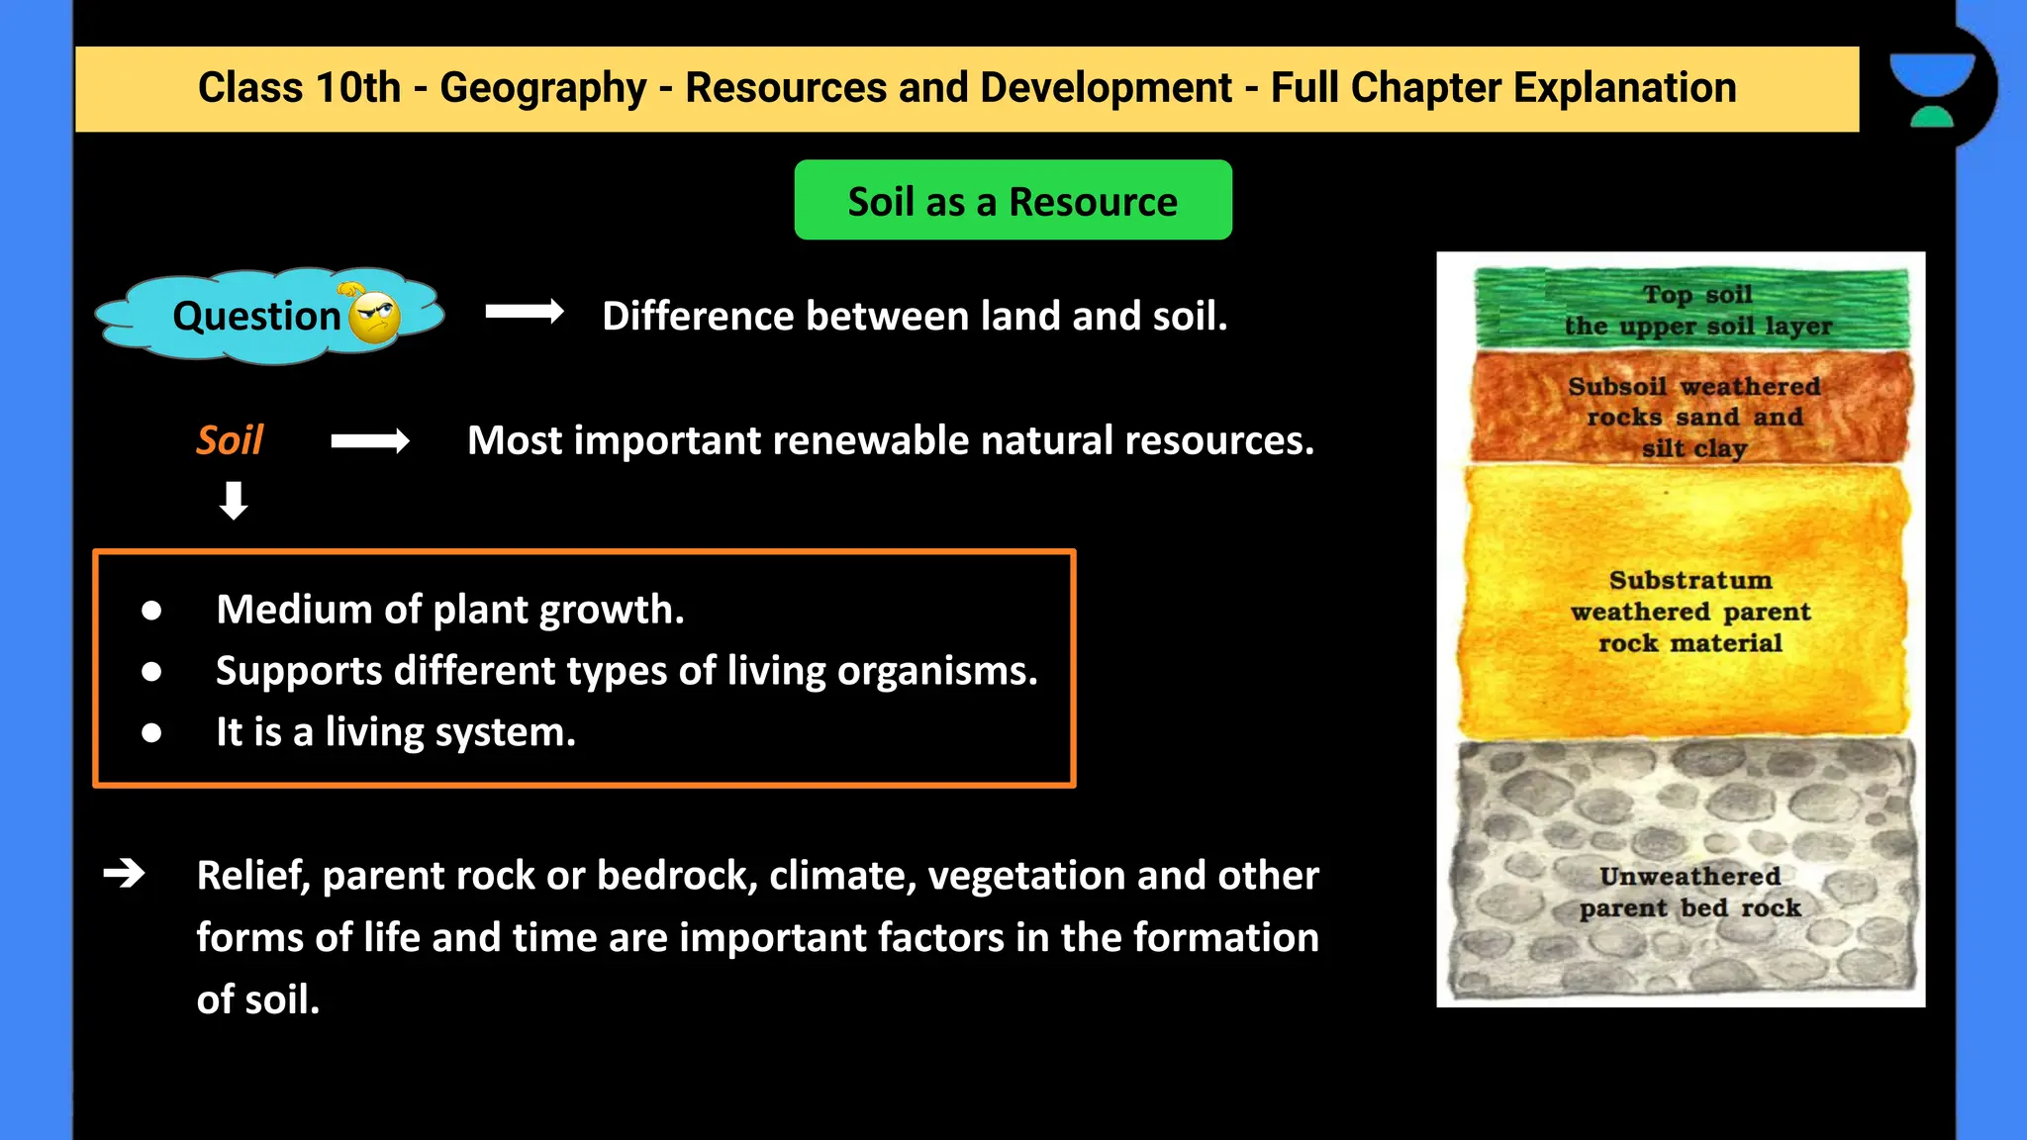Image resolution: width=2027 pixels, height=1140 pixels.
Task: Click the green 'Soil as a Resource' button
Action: (x=1013, y=201)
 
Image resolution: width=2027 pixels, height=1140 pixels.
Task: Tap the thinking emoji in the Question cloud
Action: (x=374, y=317)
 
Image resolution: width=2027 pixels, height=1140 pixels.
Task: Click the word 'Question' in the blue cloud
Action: (x=256, y=317)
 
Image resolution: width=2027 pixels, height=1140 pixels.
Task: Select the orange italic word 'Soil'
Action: (x=230, y=440)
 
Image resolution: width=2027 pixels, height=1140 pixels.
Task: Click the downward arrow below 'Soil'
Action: (x=234, y=501)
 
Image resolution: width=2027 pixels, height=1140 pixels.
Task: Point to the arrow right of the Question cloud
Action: (x=525, y=313)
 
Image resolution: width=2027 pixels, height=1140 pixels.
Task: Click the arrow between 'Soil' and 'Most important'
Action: (x=370, y=441)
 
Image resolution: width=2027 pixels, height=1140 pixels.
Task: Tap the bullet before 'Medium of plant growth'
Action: (x=151, y=611)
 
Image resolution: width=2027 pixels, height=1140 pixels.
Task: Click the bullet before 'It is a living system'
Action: (x=151, y=733)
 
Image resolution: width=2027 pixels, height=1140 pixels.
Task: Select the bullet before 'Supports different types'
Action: (x=151, y=672)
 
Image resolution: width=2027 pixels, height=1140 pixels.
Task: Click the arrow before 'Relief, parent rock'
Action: (x=125, y=874)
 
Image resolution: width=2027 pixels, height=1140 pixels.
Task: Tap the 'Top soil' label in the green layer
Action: (x=1697, y=295)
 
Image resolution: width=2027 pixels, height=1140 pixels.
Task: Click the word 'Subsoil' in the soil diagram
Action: (x=1617, y=387)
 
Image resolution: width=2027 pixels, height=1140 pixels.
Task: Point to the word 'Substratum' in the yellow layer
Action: (x=1690, y=580)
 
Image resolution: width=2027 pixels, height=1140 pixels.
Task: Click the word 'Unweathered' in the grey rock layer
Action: (x=1689, y=877)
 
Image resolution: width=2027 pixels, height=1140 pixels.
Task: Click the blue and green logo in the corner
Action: (x=1931, y=89)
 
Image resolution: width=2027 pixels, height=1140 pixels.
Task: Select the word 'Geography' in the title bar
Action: (x=543, y=88)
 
